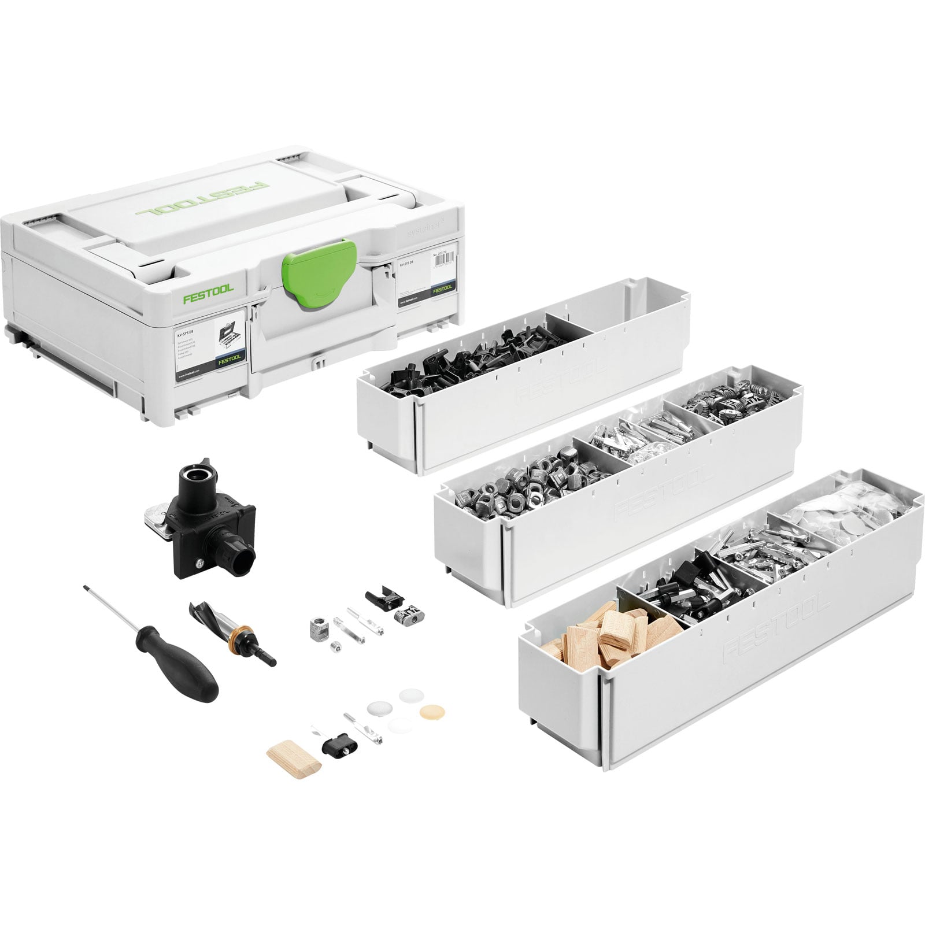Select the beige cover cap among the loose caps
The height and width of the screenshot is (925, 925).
[429, 711]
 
